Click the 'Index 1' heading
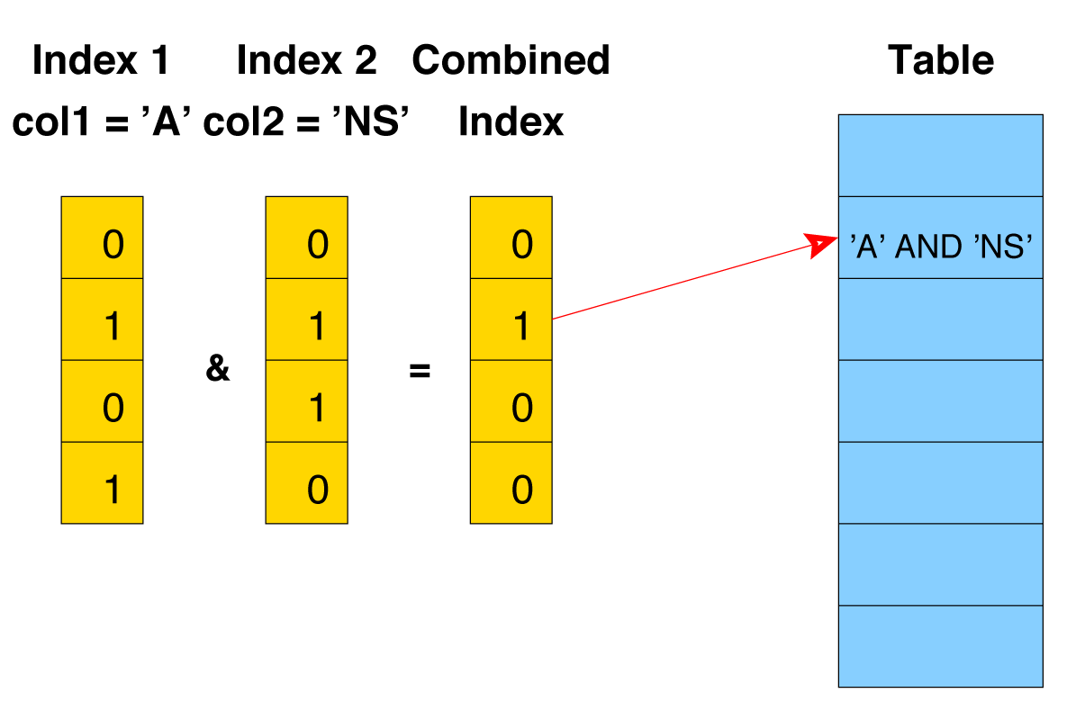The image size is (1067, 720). [x=100, y=60]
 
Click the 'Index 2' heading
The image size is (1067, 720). [x=306, y=60]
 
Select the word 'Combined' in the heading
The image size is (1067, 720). [x=511, y=60]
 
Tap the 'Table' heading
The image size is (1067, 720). [x=941, y=60]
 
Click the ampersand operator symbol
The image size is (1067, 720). [x=218, y=369]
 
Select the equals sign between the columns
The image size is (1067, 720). [x=420, y=370]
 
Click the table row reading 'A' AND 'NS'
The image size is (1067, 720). [x=940, y=246]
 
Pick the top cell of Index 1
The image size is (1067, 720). [x=102, y=238]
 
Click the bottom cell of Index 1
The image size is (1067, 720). [x=102, y=483]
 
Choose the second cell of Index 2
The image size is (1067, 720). [x=306, y=319]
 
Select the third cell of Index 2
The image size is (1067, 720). [x=306, y=401]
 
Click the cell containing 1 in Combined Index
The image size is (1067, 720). [x=511, y=319]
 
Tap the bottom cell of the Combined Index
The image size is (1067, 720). [x=511, y=483]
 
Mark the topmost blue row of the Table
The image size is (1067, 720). [x=940, y=155]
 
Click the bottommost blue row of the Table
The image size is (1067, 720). [x=940, y=646]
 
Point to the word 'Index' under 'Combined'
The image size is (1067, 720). [x=511, y=121]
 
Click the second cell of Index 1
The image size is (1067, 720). [x=102, y=319]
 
